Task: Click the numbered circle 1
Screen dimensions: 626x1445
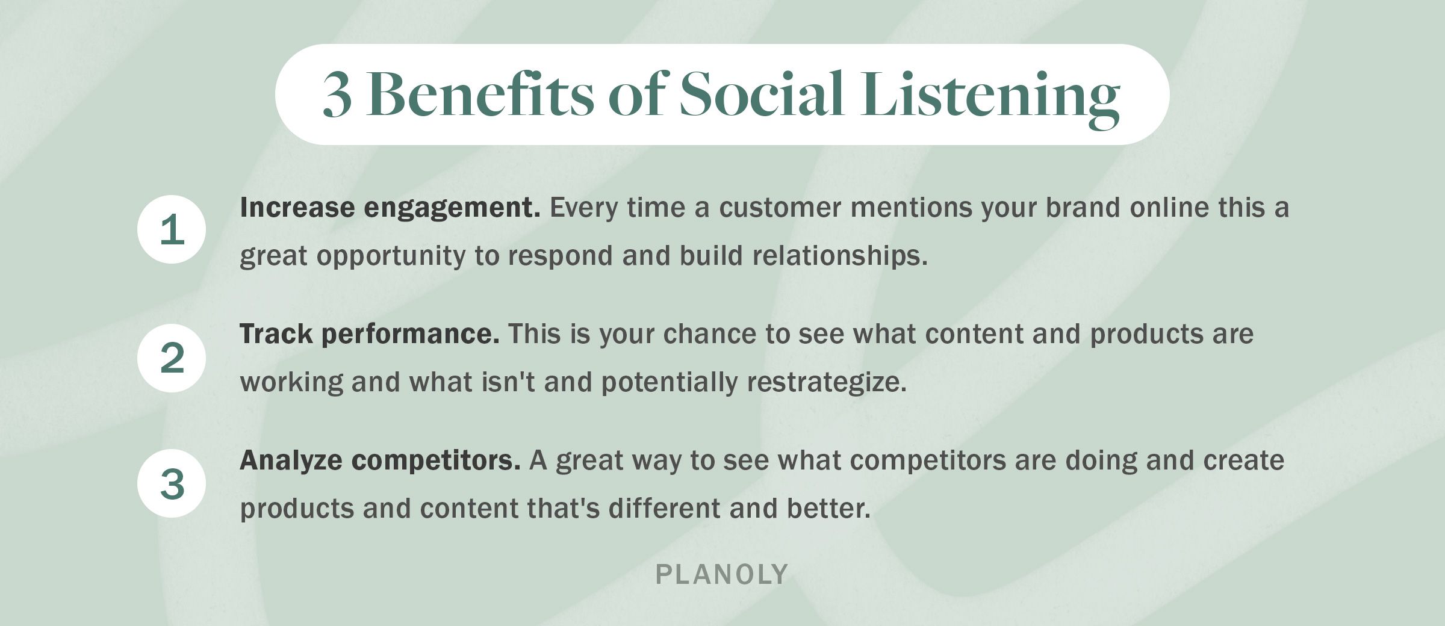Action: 172,229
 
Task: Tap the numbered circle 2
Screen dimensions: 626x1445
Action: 172,358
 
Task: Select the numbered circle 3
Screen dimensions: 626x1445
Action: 172,483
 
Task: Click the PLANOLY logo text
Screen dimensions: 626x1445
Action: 721,575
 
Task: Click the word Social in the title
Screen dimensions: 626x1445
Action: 761,95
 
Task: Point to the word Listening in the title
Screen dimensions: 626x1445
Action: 990,96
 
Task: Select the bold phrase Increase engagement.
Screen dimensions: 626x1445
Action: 390,208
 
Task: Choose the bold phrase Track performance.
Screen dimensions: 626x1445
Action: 369,334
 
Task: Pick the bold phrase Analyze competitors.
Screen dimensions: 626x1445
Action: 380,460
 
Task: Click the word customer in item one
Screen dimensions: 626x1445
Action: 780,208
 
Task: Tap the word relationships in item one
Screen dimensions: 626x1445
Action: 839,256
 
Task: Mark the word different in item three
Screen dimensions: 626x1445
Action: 664,509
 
